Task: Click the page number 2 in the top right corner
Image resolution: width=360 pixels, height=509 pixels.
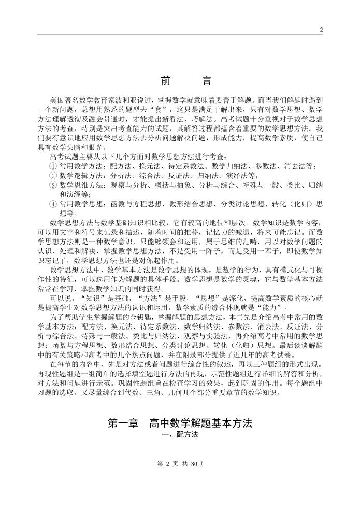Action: click(x=321, y=30)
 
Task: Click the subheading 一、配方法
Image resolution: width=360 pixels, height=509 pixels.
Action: click(x=180, y=436)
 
